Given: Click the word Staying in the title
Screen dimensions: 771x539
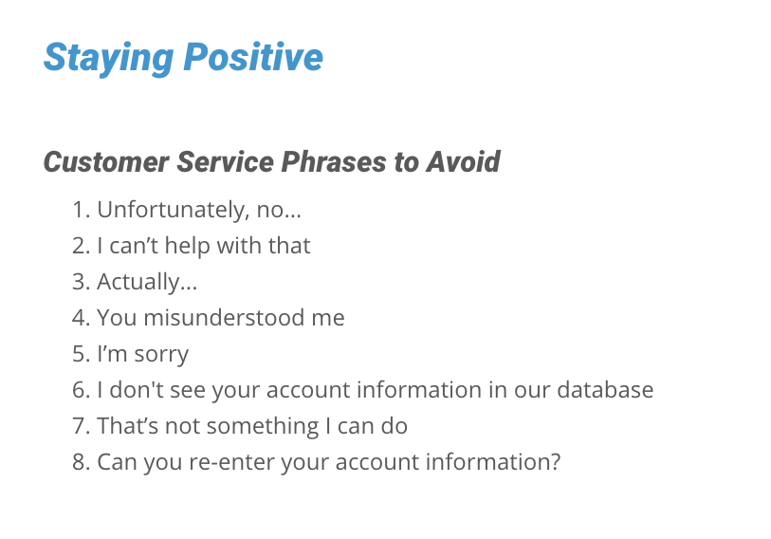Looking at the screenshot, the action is [x=109, y=59].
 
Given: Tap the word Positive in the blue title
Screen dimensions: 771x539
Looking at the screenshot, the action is [x=253, y=57].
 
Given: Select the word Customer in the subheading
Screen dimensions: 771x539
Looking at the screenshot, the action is [x=105, y=161].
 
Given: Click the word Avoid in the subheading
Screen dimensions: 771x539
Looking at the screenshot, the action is [x=463, y=161].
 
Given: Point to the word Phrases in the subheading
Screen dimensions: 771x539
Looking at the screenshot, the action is [x=334, y=161].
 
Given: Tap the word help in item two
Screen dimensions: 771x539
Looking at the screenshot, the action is [x=188, y=247].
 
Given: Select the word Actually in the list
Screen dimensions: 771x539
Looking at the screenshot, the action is [x=138, y=283].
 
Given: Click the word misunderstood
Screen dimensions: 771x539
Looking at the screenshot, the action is [x=223, y=318].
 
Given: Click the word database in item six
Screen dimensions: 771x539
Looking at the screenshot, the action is [x=605, y=390].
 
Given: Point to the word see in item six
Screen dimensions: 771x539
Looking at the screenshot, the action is [x=188, y=391].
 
